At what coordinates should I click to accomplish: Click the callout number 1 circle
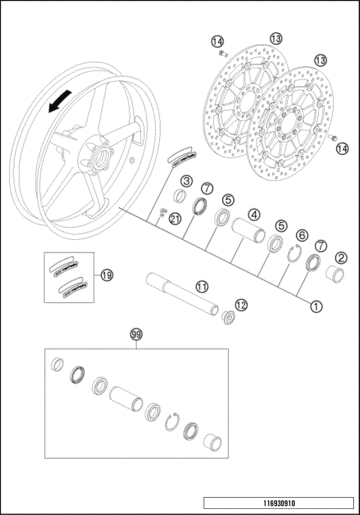tap(316, 306)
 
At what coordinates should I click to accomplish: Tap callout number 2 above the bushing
tap(340, 259)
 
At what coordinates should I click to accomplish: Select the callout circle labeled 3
tap(186, 181)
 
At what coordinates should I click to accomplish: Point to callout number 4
tap(254, 214)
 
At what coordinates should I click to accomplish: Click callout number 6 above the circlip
tap(301, 235)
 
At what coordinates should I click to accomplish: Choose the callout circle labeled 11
tap(202, 286)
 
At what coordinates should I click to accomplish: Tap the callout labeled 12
tap(241, 305)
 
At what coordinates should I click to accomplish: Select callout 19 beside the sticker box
tap(106, 275)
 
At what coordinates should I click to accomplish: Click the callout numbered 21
tap(175, 218)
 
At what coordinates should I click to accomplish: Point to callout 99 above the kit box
tap(136, 334)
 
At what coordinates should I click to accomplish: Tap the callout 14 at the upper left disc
tap(217, 40)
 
